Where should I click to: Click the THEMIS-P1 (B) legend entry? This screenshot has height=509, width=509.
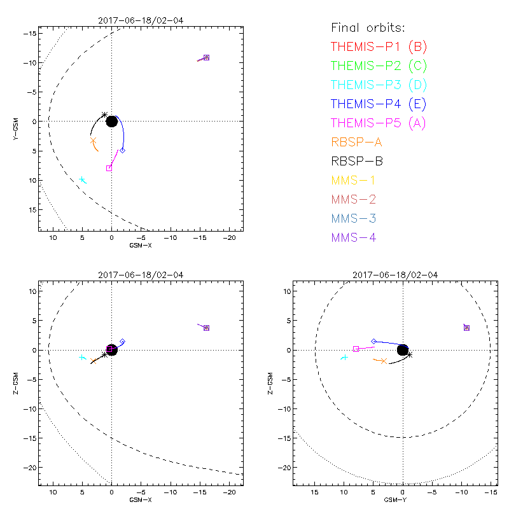point(379,46)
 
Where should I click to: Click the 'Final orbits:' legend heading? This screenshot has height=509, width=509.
point(368,27)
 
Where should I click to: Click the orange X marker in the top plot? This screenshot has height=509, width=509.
point(93,141)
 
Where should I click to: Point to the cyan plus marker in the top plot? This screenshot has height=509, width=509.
point(82,180)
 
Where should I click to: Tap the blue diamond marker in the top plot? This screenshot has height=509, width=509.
point(123,150)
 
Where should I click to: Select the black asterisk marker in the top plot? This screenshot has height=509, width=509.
point(105,115)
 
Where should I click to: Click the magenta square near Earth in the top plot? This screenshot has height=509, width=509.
point(109,168)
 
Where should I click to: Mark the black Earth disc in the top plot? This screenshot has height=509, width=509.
point(111,121)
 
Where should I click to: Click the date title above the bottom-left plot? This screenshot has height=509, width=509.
point(140,275)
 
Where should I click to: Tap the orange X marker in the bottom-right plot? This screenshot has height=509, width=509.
point(384,361)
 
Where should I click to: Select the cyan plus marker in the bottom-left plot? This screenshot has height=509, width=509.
point(82,358)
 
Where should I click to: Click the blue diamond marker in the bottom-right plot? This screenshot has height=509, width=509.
point(373,342)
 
